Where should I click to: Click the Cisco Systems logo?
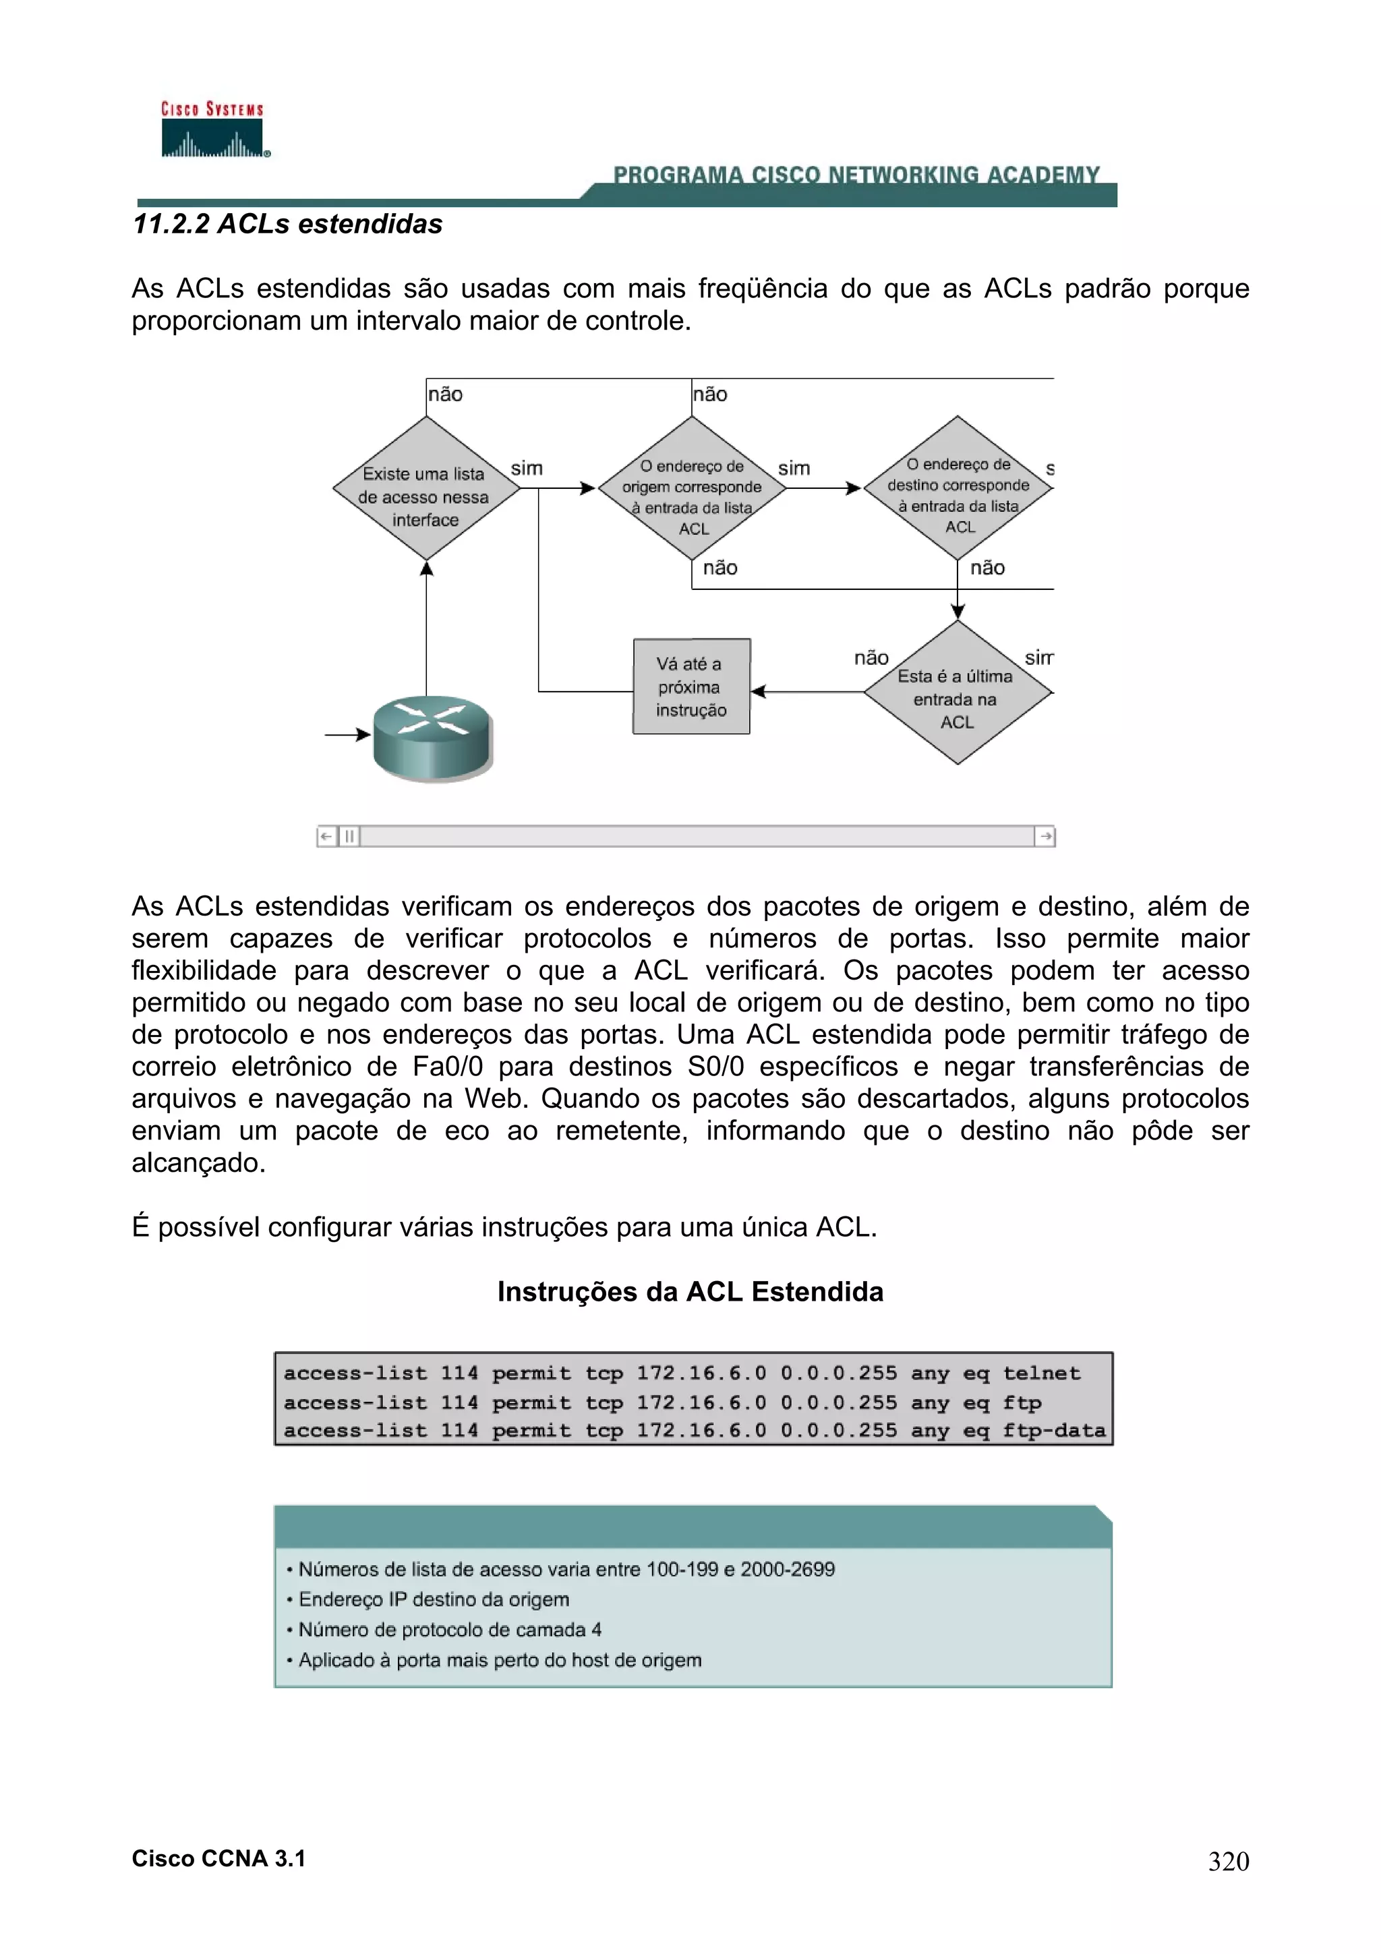212,130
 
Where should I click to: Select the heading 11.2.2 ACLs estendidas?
288,224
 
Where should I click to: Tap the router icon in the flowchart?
432,738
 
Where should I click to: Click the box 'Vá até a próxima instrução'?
691,687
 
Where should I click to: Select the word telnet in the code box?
1042,1373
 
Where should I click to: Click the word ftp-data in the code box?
1053,1431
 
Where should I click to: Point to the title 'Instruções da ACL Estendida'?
690,1292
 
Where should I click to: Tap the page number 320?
1228,1861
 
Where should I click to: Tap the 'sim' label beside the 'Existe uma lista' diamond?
527,468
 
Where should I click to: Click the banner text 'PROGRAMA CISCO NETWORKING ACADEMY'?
856,175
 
